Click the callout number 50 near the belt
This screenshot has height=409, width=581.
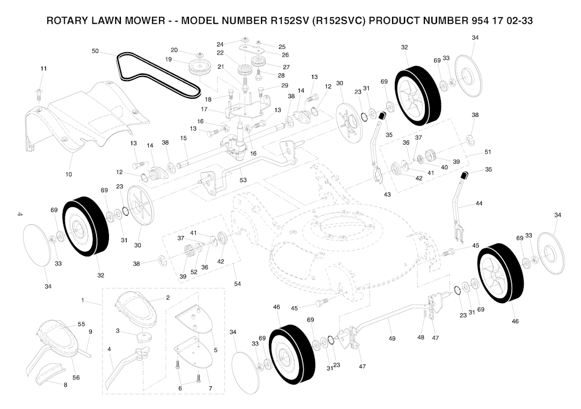pyautogui.click(x=95, y=52)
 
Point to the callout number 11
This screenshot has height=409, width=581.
pyautogui.click(x=44, y=69)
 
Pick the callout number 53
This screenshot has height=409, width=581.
pyautogui.click(x=243, y=180)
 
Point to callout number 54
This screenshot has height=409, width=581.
pyautogui.click(x=238, y=283)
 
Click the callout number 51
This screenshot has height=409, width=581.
pyautogui.click(x=488, y=153)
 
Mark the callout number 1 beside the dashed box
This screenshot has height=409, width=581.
pyautogui.click(x=82, y=300)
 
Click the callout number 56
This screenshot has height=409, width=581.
pyautogui.click(x=75, y=378)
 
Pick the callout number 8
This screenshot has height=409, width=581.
pyautogui.click(x=65, y=385)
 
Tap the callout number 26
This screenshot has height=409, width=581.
pyautogui.click(x=285, y=55)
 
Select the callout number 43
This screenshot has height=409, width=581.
pyautogui.click(x=388, y=195)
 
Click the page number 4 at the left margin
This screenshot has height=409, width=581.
pyautogui.click(x=19, y=214)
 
